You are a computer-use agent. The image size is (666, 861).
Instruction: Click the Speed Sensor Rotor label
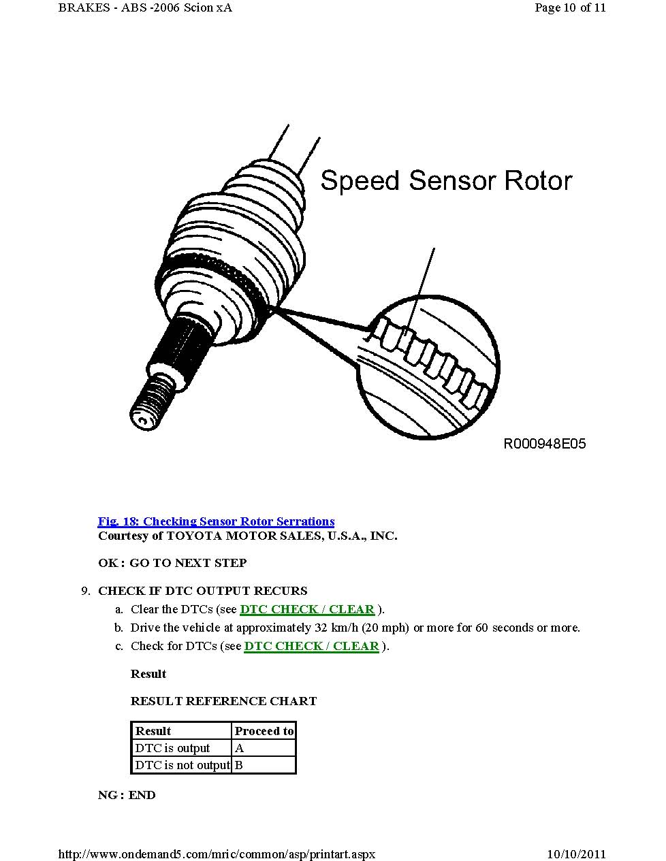click(446, 180)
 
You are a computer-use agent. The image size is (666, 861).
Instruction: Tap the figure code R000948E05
click(544, 444)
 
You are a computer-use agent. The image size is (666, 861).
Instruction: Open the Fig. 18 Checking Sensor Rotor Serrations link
click(216, 521)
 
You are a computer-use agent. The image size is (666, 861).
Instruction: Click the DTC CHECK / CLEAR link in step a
click(307, 609)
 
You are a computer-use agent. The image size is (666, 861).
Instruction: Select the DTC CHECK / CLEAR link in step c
click(311, 646)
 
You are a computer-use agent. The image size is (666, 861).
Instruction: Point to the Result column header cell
click(180, 731)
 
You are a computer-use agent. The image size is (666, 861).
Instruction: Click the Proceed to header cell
click(264, 731)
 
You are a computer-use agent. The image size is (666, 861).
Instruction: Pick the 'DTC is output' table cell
click(180, 748)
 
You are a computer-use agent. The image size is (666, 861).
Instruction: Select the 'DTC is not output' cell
click(182, 765)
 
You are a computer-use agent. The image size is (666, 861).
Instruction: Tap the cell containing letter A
click(264, 748)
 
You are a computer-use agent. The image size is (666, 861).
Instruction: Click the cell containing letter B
click(264, 765)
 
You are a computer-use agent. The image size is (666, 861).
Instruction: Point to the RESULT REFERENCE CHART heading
click(223, 701)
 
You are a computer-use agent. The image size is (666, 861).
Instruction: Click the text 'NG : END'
click(127, 795)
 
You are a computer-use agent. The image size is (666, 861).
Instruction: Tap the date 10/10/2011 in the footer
click(576, 854)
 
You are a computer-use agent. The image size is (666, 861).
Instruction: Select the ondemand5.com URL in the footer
click(217, 854)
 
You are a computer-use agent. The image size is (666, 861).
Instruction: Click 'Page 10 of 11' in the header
click(570, 8)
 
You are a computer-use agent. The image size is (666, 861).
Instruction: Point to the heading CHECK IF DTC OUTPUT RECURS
click(202, 591)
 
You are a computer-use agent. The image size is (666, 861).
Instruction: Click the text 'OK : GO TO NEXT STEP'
click(172, 563)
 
